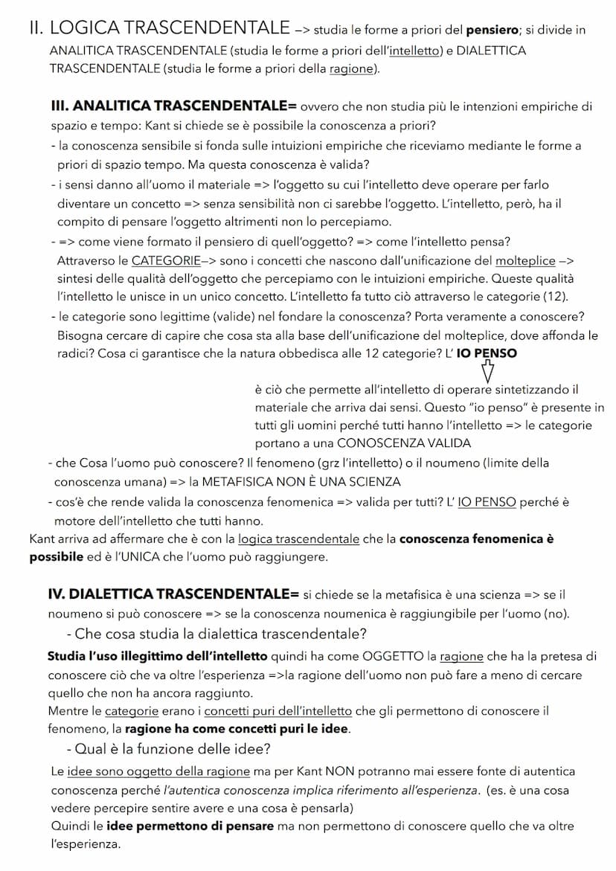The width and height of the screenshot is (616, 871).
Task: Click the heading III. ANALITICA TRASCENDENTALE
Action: (x=173, y=106)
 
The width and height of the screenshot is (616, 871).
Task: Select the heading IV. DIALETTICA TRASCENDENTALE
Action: (x=173, y=594)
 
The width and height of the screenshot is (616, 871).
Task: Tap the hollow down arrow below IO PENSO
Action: (x=488, y=370)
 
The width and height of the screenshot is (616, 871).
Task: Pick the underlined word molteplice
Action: (x=525, y=261)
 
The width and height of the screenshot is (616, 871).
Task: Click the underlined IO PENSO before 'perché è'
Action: (x=487, y=502)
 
